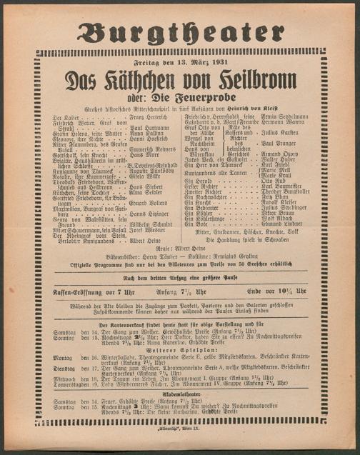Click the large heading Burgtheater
179,32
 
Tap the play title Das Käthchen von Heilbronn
179,80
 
